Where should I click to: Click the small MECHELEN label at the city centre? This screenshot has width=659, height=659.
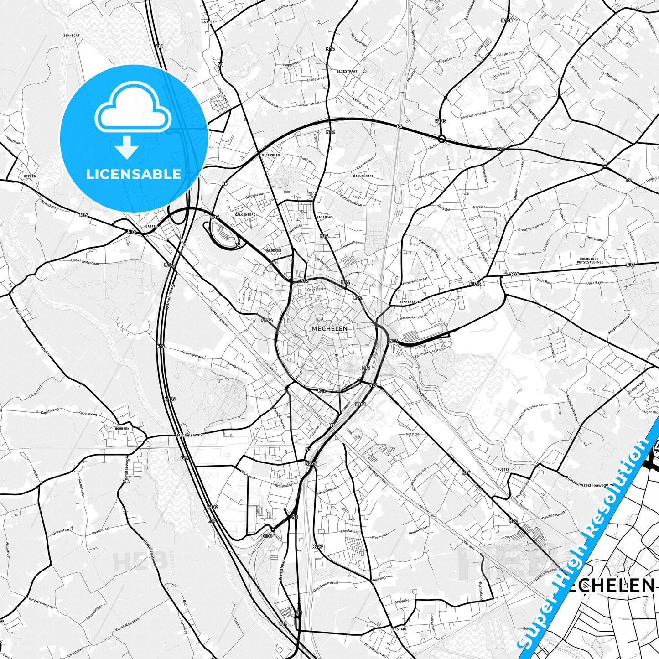(x=329, y=328)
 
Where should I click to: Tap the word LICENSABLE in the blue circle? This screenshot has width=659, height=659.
(x=134, y=174)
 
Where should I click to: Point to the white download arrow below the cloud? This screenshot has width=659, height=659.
(x=127, y=147)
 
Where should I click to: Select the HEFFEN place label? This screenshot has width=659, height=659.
(x=30, y=176)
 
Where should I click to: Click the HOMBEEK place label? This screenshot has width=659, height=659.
(x=122, y=429)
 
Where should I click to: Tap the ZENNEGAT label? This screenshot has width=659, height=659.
(x=72, y=35)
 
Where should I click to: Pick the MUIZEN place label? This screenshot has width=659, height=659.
(x=503, y=469)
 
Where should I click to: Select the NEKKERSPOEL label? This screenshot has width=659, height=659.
(x=410, y=302)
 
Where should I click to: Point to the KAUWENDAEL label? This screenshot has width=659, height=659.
(x=363, y=176)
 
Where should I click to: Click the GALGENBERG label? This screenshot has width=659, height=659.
(x=245, y=214)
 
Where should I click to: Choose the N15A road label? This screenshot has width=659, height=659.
(x=475, y=284)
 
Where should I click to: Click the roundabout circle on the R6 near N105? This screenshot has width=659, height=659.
(x=441, y=138)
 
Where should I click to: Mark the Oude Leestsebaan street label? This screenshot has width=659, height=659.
(x=85, y=262)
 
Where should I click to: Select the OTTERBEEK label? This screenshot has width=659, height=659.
(x=271, y=155)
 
